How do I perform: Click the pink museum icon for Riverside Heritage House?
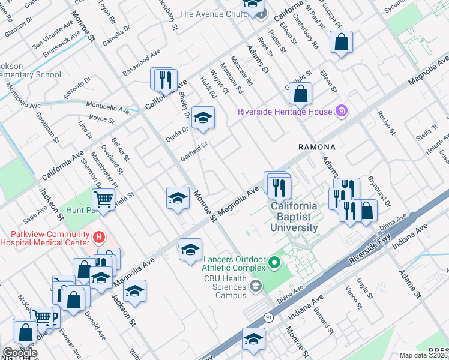(x=342, y=111)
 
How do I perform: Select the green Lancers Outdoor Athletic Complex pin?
(x=274, y=262)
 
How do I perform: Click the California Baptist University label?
(x=294, y=217)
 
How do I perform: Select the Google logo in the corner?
(x=20, y=353)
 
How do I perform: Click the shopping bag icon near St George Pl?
(x=341, y=42)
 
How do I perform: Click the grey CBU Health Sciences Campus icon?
(x=257, y=286)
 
